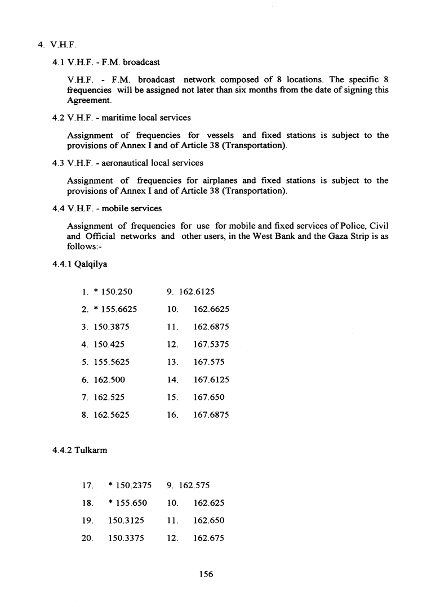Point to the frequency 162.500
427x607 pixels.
tap(109, 380)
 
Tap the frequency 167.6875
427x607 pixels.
tap(211, 416)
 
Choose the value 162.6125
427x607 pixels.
tap(197, 292)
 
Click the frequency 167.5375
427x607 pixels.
tap(211, 344)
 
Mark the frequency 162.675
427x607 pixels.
tap(208, 538)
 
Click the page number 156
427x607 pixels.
tap(206, 574)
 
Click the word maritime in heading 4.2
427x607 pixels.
tap(117, 118)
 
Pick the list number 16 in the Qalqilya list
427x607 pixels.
tap(173, 416)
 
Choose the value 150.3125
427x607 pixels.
tap(126, 520)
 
